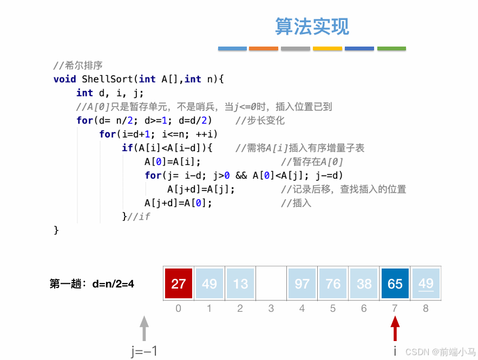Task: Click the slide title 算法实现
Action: click(312, 26)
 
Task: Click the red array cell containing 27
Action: click(179, 284)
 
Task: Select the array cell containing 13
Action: click(240, 284)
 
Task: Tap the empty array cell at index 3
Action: click(271, 284)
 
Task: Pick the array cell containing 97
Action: click(302, 284)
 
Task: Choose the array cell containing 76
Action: click(333, 284)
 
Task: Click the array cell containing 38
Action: click(364, 284)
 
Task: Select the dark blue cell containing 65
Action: click(395, 284)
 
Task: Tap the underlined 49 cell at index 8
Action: click(426, 284)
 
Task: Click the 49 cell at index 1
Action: click(209, 284)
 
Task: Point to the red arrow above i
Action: click(395, 328)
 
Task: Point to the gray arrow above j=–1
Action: click(144, 328)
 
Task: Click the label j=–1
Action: click(144, 351)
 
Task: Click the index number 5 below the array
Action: click(333, 309)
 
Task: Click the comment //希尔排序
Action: click(78, 66)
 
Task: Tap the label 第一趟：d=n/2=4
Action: click(91, 283)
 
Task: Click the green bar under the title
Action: click(391, 49)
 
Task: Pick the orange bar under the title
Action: click(264, 49)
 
